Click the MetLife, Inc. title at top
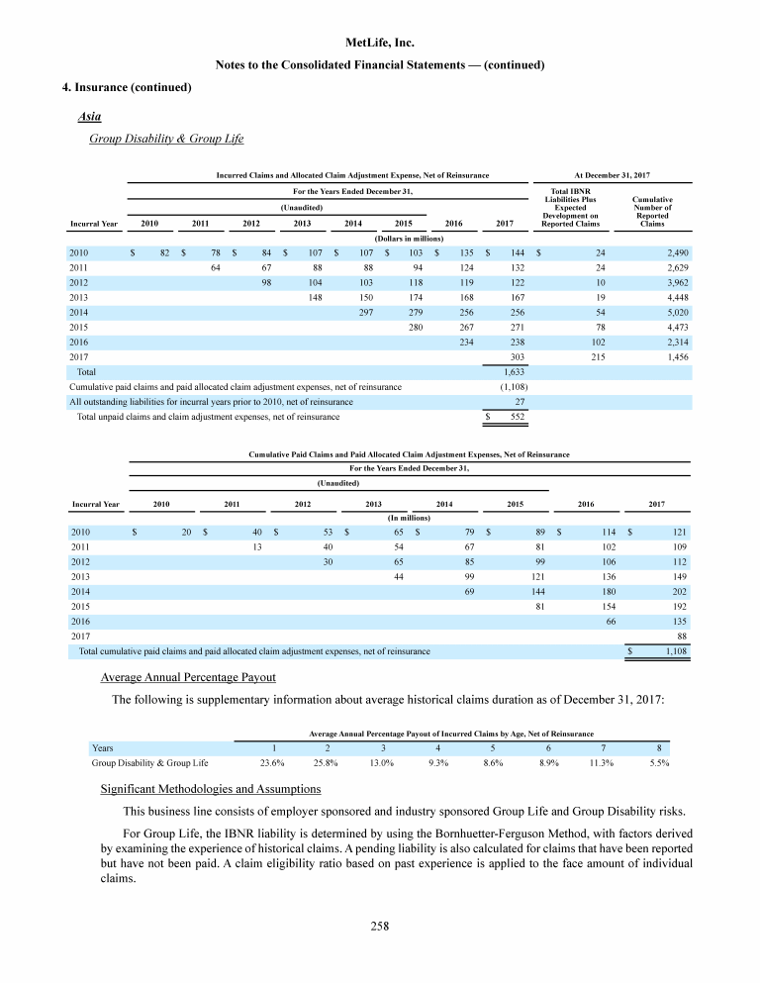(x=380, y=44)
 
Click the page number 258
(x=380, y=927)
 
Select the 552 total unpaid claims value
(x=515, y=417)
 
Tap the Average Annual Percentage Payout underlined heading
(x=188, y=678)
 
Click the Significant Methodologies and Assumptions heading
(x=211, y=789)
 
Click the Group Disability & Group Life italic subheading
(x=166, y=139)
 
